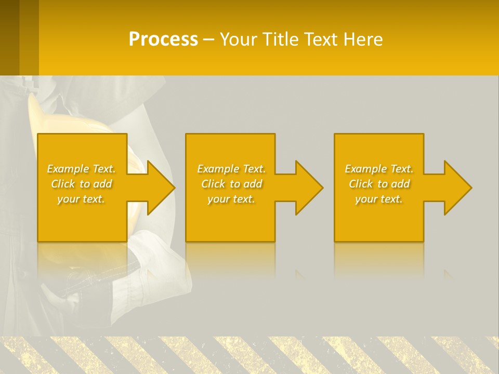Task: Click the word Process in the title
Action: [x=163, y=39]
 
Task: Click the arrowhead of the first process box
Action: [x=161, y=188]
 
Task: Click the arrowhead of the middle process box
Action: [x=309, y=188]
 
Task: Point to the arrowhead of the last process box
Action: [x=458, y=188]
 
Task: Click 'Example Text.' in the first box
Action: [x=81, y=169]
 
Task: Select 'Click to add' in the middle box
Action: [x=231, y=184]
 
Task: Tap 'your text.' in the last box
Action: [x=379, y=199]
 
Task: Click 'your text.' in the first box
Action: [x=81, y=199]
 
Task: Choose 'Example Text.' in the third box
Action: [x=379, y=169]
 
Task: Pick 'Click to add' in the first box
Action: [x=81, y=184]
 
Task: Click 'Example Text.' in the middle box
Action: [x=231, y=169]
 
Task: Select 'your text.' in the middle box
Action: [x=231, y=199]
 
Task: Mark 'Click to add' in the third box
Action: [x=379, y=184]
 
